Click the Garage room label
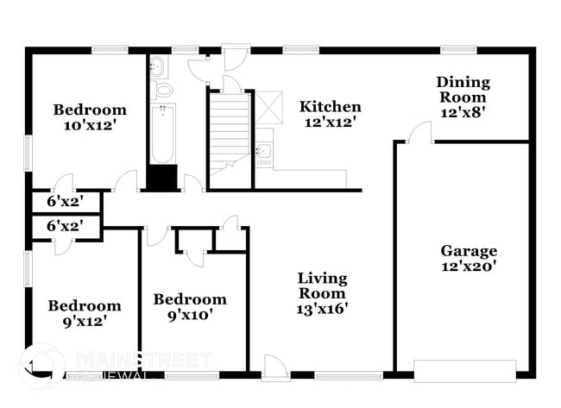point(469,251)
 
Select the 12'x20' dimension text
point(469,267)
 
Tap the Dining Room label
point(463,90)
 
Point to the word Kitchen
point(330,107)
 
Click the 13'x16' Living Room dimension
point(322,308)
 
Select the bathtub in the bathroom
point(162,133)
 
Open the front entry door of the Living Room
point(276,367)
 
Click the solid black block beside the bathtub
point(161,178)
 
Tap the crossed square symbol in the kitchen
point(273,107)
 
